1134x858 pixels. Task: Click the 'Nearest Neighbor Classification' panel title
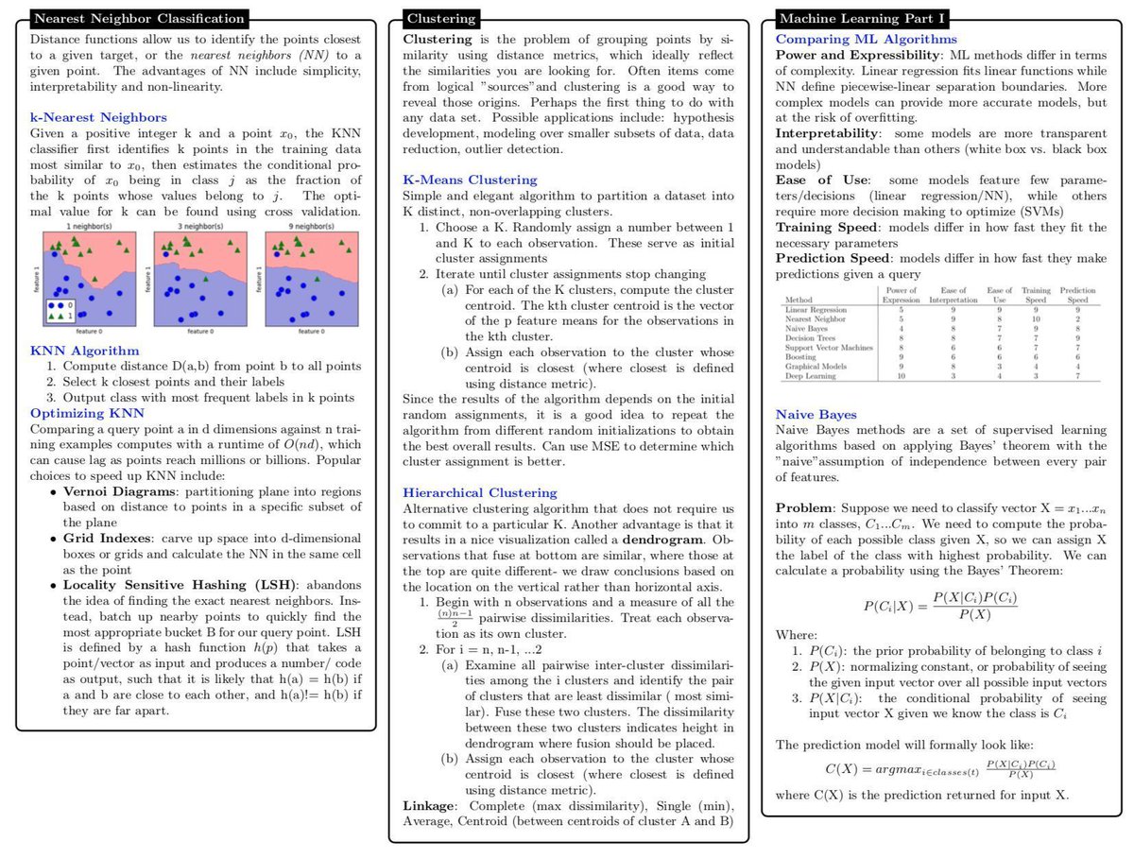pyautogui.click(x=138, y=19)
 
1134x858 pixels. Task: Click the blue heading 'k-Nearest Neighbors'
pyautogui.click(x=98, y=117)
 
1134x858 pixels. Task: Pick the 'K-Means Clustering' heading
pyautogui.click(x=470, y=180)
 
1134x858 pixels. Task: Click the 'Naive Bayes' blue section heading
pyautogui.click(x=816, y=414)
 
